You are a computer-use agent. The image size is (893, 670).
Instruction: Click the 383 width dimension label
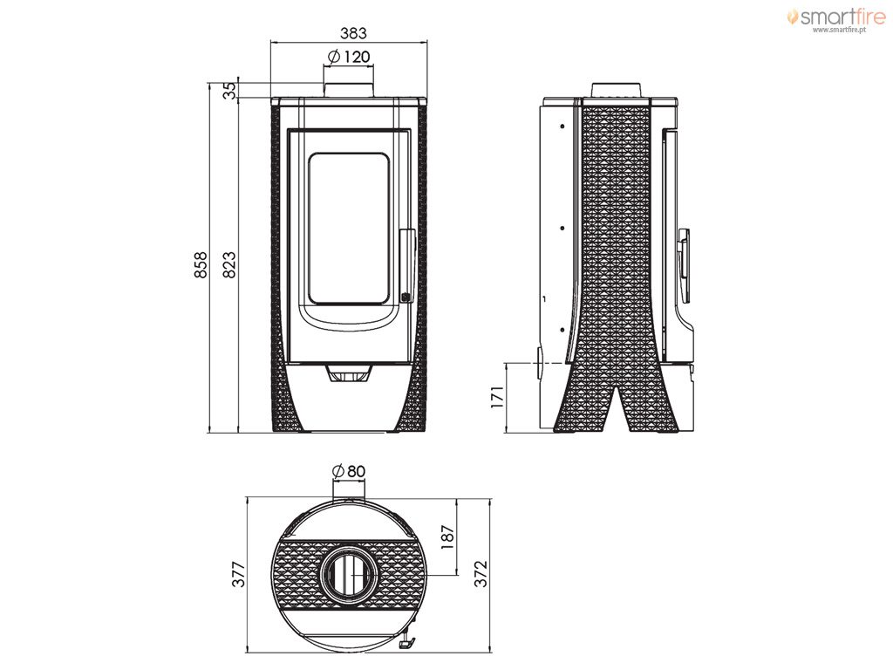click(x=354, y=33)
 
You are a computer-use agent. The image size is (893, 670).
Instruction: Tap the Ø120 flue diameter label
click(x=349, y=57)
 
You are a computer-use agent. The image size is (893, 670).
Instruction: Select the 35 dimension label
click(x=229, y=91)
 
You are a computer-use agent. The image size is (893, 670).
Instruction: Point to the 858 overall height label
click(x=201, y=265)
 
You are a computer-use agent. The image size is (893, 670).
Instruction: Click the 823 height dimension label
click(x=229, y=265)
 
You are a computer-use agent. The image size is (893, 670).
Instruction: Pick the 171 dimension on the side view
click(x=497, y=397)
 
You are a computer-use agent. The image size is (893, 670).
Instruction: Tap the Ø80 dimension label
click(x=348, y=471)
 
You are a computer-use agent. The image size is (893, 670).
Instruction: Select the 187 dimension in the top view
click(x=448, y=537)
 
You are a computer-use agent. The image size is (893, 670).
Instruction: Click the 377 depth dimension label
click(x=239, y=574)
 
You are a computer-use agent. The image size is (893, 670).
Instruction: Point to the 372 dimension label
click(x=481, y=574)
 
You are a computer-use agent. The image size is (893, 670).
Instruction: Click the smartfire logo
click(x=836, y=17)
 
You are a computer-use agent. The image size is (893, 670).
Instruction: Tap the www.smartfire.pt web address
click(x=840, y=30)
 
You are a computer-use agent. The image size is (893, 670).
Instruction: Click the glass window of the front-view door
click(x=349, y=228)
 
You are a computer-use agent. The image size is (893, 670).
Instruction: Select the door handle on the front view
click(x=406, y=265)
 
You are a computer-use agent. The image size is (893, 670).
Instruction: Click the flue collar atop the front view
click(x=349, y=90)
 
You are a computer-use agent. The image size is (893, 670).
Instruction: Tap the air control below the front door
click(x=349, y=375)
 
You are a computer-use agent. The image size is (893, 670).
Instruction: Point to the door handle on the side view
click(x=684, y=265)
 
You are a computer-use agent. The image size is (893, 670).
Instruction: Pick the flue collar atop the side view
click(x=617, y=90)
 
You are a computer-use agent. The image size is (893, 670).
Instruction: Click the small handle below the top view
click(x=408, y=642)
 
